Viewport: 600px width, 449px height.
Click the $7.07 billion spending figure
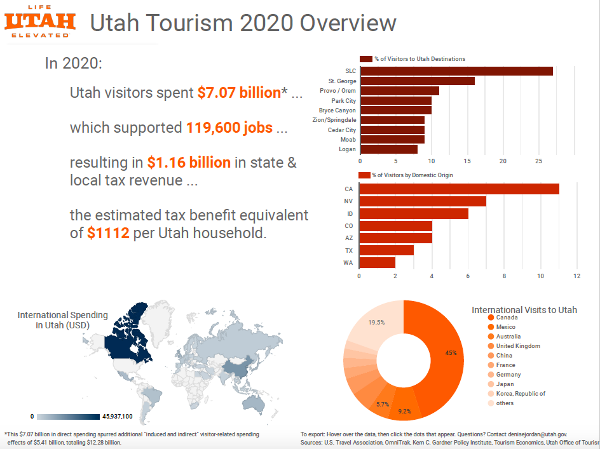(x=239, y=93)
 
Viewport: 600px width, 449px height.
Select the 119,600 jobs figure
(x=229, y=128)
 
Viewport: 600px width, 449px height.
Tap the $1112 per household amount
(x=109, y=233)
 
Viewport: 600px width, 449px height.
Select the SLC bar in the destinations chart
(x=456, y=71)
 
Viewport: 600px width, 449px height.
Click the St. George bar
(x=417, y=81)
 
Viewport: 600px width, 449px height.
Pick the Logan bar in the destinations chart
(x=388, y=149)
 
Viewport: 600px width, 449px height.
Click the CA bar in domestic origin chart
(x=459, y=189)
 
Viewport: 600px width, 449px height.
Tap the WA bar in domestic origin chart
(x=377, y=262)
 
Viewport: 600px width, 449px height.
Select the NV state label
(x=348, y=201)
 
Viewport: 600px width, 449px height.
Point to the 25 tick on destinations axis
(x=538, y=161)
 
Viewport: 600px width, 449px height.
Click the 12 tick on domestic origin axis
(x=576, y=276)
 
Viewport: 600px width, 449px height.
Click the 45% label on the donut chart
(x=451, y=353)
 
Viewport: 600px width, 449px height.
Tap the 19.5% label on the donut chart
(x=376, y=323)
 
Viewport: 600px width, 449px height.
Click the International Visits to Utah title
(x=524, y=310)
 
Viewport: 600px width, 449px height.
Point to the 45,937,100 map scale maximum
(x=117, y=417)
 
